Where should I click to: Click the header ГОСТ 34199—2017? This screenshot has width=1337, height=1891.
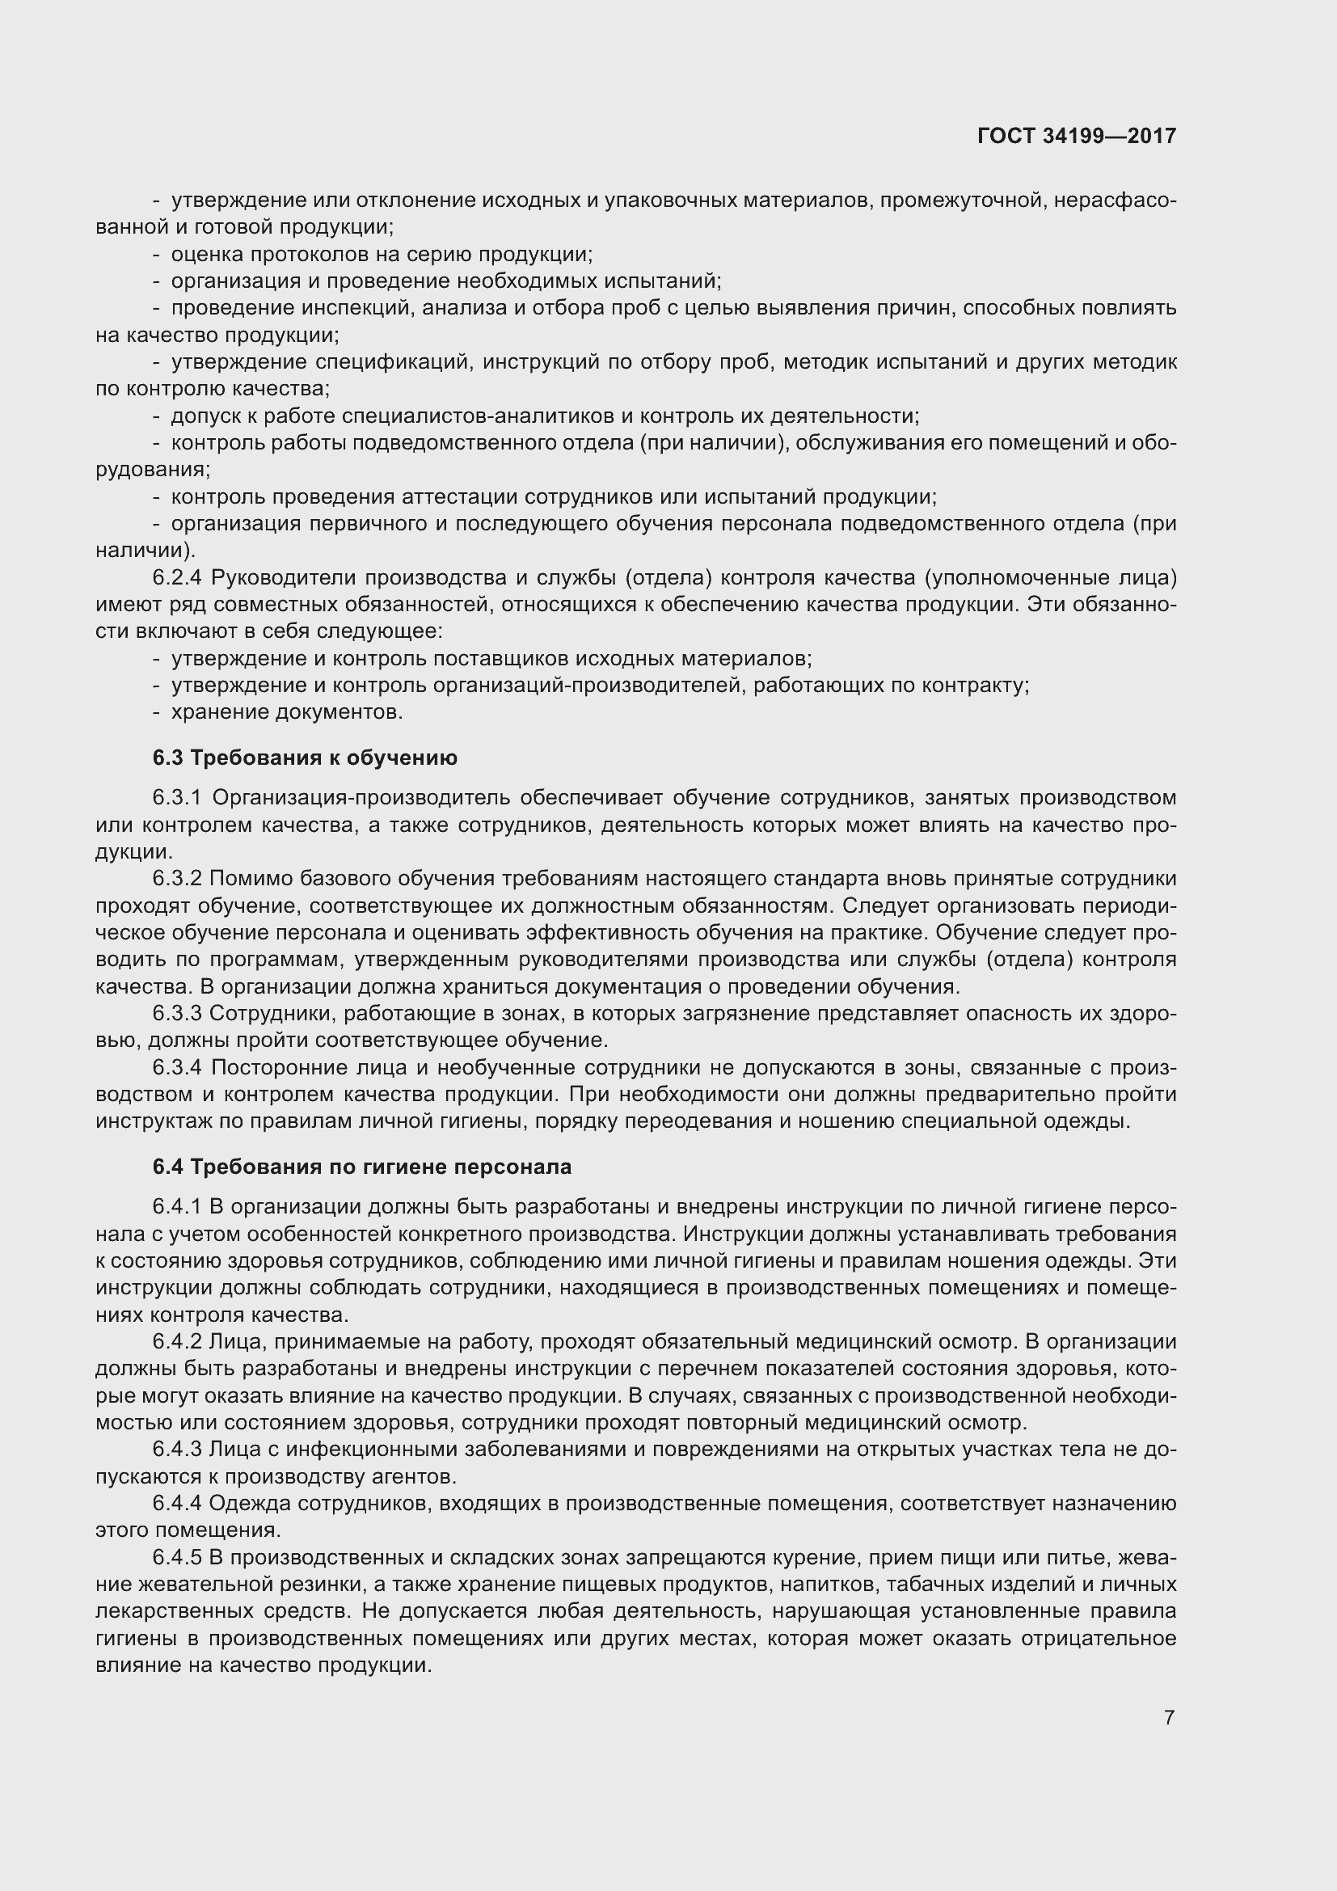(1076, 136)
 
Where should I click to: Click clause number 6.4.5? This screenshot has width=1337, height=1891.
(177, 1557)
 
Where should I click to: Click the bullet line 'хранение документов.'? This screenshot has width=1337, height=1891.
(286, 711)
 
